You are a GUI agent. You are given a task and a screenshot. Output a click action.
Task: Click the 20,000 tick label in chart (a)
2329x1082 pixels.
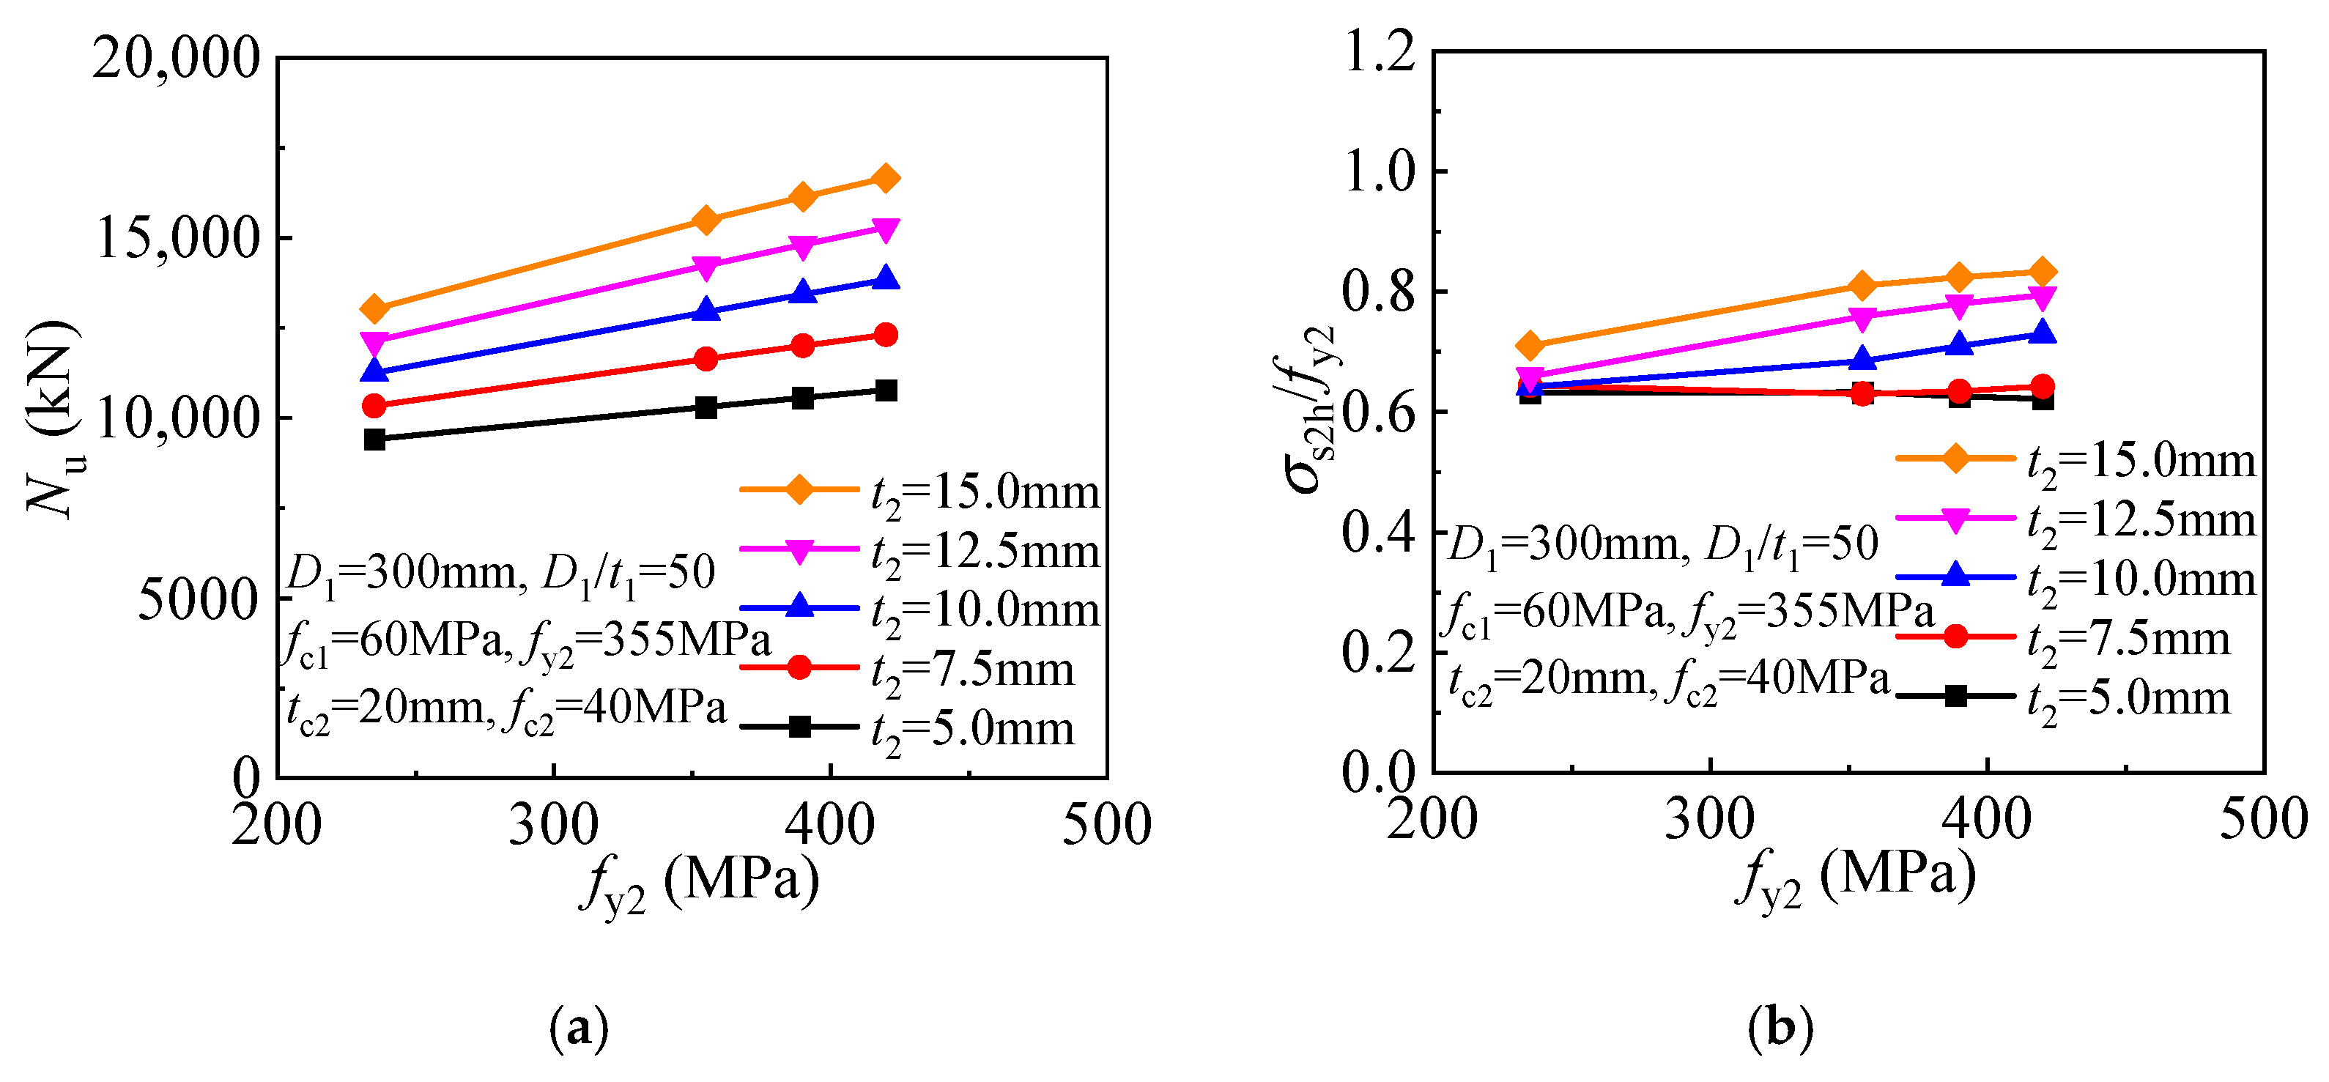pyautogui.click(x=177, y=59)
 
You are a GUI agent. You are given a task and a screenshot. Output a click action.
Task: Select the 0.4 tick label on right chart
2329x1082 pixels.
pyautogui.click(x=1380, y=533)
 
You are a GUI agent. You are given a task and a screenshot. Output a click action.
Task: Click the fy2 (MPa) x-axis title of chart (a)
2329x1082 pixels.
pyautogui.click(x=700, y=883)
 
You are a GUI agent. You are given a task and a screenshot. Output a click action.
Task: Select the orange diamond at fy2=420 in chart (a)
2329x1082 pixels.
pyautogui.click(x=886, y=178)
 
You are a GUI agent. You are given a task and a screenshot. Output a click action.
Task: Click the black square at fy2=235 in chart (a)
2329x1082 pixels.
pyautogui.click(x=374, y=440)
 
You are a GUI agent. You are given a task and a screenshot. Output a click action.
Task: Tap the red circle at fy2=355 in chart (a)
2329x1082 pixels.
pyautogui.click(x=706, y=359)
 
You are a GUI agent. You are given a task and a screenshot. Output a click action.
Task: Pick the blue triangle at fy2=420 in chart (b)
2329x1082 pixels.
pyautogui.click(x=2043, y=333)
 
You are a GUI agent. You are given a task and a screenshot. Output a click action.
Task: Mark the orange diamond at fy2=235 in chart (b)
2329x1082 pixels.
pyautogui.click(x=1530, y=345)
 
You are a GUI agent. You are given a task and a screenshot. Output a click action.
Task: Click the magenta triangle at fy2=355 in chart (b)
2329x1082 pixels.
pyautogui.click(x=1862, y=317)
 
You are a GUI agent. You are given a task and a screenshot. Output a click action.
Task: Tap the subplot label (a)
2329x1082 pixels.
pyautogui.click(x=579, y=1028)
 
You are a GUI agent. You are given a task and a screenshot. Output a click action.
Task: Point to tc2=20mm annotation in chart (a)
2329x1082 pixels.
pyautogui.click(x=389, y=708)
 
